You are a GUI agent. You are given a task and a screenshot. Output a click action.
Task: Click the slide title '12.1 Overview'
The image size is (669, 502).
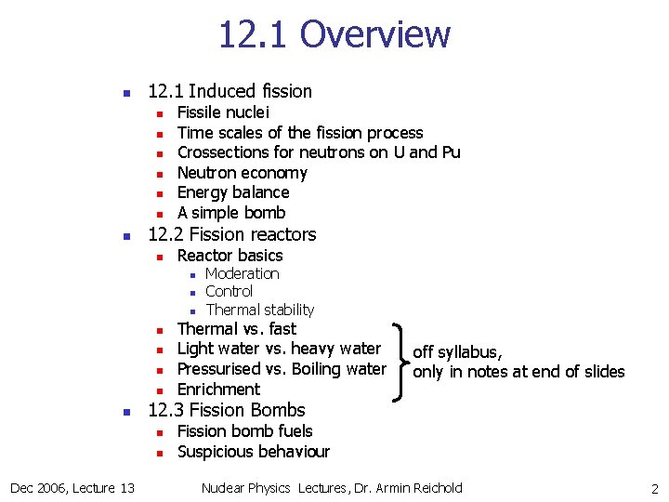[334, 34]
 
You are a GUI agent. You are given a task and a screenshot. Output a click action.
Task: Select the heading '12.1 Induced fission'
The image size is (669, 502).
[230, 91]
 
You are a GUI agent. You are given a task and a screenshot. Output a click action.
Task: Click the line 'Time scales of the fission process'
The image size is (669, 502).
[299, 133]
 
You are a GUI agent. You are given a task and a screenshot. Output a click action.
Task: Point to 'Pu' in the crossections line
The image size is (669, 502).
[451, 152]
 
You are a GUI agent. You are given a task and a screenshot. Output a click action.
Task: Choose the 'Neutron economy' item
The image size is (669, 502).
[242, 173]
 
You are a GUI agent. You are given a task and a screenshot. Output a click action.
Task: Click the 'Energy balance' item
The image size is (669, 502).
[233, 192]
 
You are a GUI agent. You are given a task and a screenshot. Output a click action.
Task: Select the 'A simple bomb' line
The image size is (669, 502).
[231, 213]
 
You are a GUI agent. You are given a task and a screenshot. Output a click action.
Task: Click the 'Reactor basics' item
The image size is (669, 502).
[230, 256]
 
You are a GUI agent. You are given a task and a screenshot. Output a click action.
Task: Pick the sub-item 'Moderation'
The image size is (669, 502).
[242, 273]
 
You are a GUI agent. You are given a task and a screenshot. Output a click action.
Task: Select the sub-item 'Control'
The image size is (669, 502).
[229, 291]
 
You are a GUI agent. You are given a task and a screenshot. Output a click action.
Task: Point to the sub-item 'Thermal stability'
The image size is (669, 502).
[259, 310]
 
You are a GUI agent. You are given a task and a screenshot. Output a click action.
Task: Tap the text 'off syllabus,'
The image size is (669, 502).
[457, 351]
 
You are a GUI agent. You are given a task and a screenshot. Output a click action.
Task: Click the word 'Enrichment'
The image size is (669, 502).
[218, 390]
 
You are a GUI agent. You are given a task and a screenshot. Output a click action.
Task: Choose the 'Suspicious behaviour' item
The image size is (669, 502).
[253, 452]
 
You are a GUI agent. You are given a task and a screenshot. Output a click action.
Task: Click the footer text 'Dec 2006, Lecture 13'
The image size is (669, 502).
[72, 488]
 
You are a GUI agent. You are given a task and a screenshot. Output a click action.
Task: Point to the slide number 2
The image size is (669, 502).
[654, 488]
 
